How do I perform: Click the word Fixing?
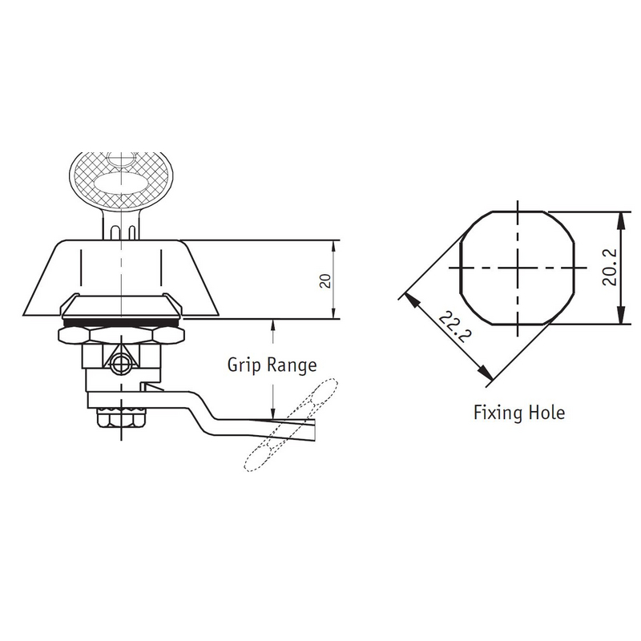coord(498,413)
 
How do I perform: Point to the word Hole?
coord(547,413)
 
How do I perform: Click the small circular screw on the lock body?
coord(119,365)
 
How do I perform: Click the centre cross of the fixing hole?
coord(518,268)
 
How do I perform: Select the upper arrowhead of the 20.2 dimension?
coord(619,218)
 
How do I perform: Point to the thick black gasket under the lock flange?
coord(119,321)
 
